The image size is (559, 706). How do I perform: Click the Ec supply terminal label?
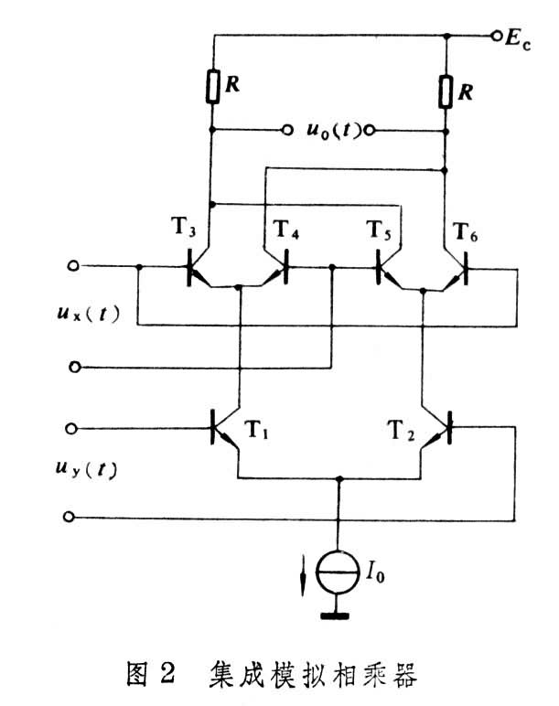[518, 38]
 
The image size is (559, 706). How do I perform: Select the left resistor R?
[212, 87]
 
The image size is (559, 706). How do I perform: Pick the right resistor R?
[446, 92]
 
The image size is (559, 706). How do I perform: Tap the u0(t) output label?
[334, 130]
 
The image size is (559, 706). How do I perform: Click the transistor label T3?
[183, 227]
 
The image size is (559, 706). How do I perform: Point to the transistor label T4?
[286, 230]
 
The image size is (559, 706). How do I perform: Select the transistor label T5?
[379, 230]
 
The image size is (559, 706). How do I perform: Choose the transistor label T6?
[466, 231]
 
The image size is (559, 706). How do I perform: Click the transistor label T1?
[256, 429]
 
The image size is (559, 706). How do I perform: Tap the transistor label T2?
[402, 430]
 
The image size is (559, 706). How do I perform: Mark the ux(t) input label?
[88, 314]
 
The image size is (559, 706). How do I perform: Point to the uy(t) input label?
[87, 469]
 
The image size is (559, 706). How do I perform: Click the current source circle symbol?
[338, 572]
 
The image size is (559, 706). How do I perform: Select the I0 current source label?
[375, 572]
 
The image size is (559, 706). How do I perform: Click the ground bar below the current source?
[335, 616]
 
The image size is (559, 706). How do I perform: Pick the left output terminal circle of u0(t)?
[287, 130]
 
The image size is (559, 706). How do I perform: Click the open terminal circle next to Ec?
[497, 36]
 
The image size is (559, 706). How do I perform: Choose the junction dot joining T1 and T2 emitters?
[340, 478]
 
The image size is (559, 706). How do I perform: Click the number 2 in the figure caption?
[167, 674]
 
